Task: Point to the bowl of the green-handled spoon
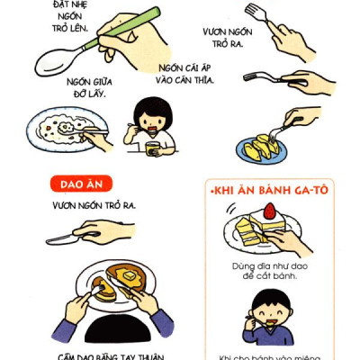click(x=57, y=64)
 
